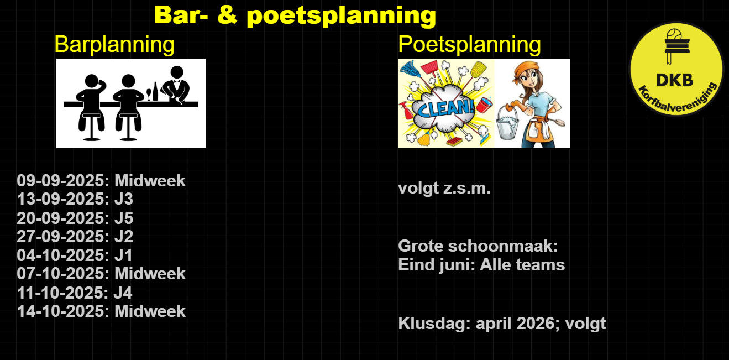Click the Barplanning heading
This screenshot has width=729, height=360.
[x=114, y=45]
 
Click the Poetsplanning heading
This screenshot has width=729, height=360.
[x=469, y=45]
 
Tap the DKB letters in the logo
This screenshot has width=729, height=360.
[x=675, y=80]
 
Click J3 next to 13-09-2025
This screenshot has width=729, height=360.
[x=124, y=199]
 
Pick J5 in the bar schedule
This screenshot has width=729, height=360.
[x=124, y=218]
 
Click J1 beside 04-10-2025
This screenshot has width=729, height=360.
[x=123, y=255]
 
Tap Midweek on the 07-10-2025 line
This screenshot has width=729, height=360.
[x=150, y=273]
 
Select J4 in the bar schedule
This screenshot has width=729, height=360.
[x=123, y=293]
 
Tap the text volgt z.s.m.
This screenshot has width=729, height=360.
[x=444, y=189]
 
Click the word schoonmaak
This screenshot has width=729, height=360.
[x=503, y=246]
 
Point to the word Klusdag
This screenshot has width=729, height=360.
[x=434, y=323]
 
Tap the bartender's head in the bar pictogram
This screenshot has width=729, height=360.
[x=177, y=72]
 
